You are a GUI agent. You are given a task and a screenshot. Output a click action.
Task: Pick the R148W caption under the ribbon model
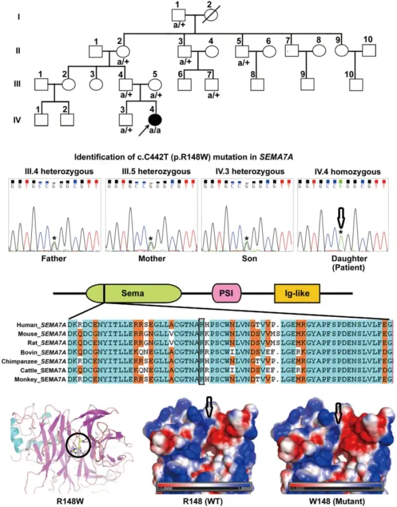tap(68, 499)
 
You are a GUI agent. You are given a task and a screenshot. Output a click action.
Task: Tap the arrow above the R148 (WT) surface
tap(208, 408)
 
